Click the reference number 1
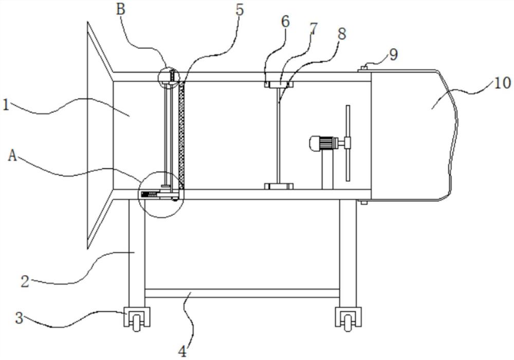click(x=5, y=105)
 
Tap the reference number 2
click(x=25, y=281)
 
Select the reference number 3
click(x=20, y=317)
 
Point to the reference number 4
click(x=182, y=351)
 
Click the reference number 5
click(x=240, y=10)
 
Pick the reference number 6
click(x=285, y=22)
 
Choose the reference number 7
click(x=314, y=29)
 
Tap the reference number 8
click(x=342, y=33)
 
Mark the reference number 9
click(x=393, y=54)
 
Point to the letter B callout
click(x=121, y=9)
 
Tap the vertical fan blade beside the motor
click(x=348, y=143)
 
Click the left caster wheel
click(x=137, y=321)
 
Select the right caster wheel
click(x=348, y=321)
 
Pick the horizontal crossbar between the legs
click(x=242, y=293)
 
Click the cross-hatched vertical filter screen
click(x=181, y=135)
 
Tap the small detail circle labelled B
click(x=169, y=78)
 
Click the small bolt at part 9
click(x=363, y=68)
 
